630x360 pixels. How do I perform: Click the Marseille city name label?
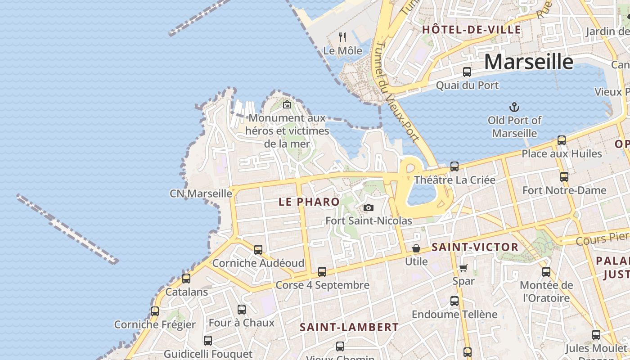[x=529, y=62]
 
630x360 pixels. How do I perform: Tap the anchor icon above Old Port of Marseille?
[x=514, y=107]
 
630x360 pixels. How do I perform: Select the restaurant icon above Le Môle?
[x=343, y=37]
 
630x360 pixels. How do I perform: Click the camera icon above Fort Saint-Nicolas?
[x=369, y=207]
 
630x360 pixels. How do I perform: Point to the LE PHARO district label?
[x=309, y=202]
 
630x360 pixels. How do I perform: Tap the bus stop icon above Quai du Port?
[x=467, y=72]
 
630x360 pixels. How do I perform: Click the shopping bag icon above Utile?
[x=416, y=248]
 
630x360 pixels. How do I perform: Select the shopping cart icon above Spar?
[x=463, y=268]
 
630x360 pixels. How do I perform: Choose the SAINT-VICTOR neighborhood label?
[x=475, y=247]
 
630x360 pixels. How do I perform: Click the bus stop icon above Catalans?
[x=186, y=278]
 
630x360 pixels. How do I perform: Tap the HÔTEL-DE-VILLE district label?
[x=471, y=30]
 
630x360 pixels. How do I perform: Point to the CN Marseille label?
[x=201, y=193]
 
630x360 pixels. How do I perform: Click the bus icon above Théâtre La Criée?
[x=454, y=166]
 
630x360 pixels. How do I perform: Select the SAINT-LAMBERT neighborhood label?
[x=349, y=327]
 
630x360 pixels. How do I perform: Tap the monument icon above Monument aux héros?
[x=287, y=105]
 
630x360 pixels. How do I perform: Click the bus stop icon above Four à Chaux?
[x=242, y=309]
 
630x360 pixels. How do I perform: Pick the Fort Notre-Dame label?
[x=564, y=190]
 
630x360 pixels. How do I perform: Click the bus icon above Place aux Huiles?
[x=562, y=140]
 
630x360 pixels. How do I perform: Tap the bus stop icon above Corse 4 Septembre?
[x=322, y=271]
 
